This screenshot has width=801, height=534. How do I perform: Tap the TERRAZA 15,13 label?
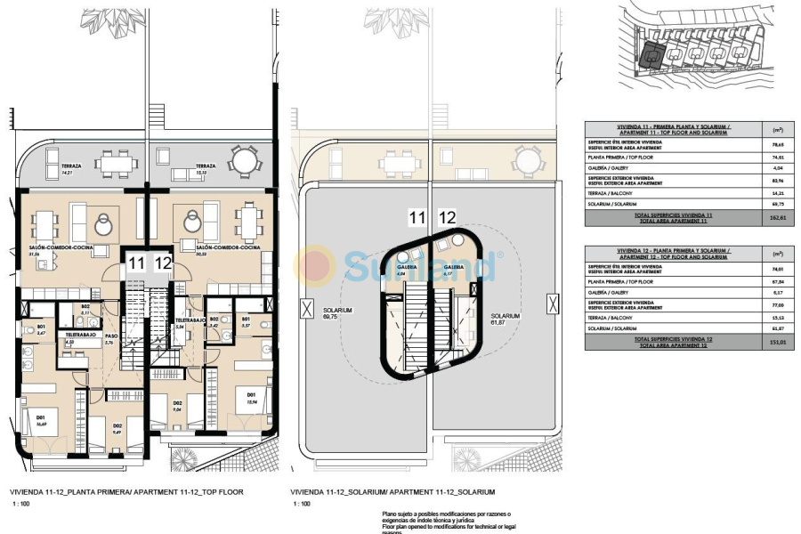pos(206,169)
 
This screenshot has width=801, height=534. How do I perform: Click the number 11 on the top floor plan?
pos(135,263)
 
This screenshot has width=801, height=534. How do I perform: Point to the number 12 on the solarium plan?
pos(448,216)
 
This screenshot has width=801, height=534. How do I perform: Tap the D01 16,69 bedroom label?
pos(40,420)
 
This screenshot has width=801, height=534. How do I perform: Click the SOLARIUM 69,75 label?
pos(337,312)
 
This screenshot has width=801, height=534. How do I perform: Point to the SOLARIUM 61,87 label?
pos(504,319)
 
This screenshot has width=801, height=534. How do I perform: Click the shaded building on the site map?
pos(652,55)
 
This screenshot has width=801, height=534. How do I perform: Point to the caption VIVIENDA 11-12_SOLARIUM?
pos(392,491)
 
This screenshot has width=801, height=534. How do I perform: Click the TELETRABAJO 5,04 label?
pos(190,322)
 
